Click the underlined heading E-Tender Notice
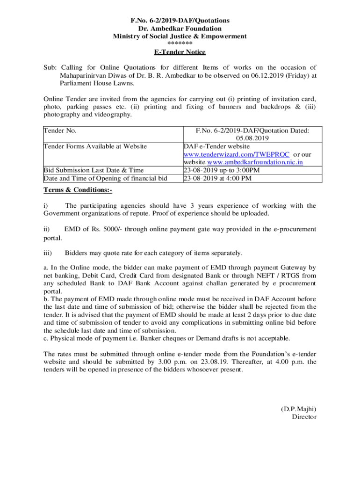click(180, 52)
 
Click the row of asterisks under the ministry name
click(180, 44)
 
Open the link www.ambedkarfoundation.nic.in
click(252, 162)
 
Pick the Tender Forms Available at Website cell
click(95, 146)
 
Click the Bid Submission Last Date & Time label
click(94, 170)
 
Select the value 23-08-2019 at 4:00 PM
click(218, 178)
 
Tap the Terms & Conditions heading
click(78, 190)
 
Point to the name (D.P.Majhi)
click(298, 408)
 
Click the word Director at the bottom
click(304, 416)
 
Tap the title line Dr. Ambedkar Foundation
click(180, 29)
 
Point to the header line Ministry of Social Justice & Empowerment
click(180, 36)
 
